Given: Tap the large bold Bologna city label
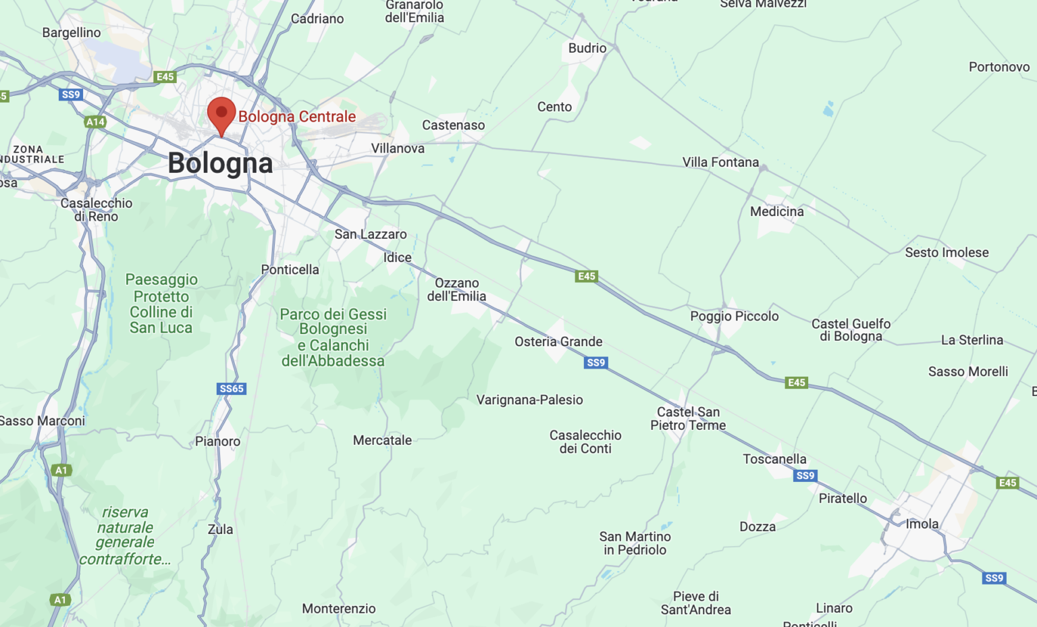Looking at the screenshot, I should (x=220, y=163).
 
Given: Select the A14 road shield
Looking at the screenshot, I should (x=95, y=122).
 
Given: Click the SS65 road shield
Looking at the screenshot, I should (x=232, y=389).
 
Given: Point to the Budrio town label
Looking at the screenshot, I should (x=587, y=48).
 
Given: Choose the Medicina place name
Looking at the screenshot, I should (x=776, y=211).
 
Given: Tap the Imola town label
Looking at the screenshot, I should (x=922, y=524).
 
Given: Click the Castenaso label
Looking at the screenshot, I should (x=453, y=125).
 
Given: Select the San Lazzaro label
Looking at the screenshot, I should (x=371, y=234).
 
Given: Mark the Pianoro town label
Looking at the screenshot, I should (x=217, y=441).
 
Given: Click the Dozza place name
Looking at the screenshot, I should (x=757, y=526).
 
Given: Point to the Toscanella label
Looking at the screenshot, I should (x=774, y=459).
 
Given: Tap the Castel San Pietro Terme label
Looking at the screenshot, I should (x=688, y=418).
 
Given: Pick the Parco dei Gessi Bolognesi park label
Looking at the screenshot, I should (x=333, y=337).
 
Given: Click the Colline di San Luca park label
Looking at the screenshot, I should (x=161, y=304).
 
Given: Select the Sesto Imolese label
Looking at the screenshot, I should (x=947, y=252).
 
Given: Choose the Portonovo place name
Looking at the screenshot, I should (x=999, y=67).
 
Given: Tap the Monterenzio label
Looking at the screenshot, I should (x=338, y=609).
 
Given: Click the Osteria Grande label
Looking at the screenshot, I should (x=558, y=342).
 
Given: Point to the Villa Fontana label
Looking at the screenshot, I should (x=720, y=162).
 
